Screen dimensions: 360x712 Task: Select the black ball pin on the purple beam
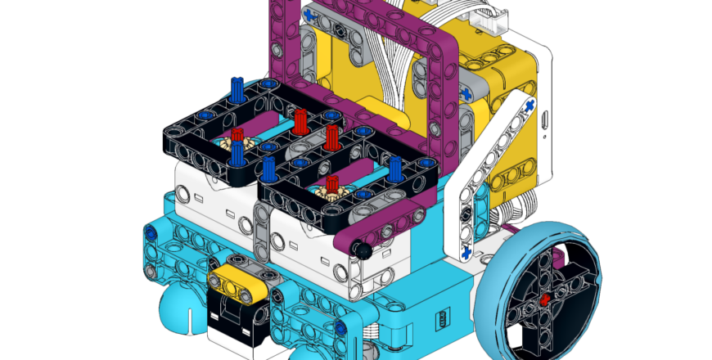[359, 248]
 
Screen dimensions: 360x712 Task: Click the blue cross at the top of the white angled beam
[529, 106]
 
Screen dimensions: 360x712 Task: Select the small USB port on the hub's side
[543, 122]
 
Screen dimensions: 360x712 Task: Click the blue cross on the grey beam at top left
[311, 15]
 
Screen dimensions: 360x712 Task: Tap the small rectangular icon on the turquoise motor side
[443, 317]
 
